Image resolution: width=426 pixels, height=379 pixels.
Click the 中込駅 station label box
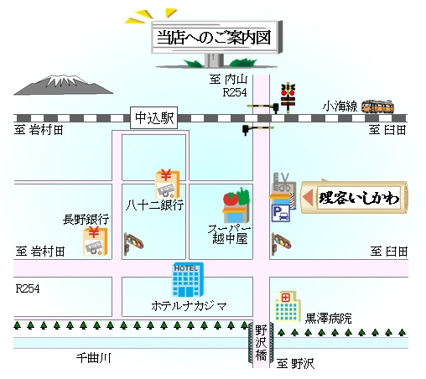(153, 117)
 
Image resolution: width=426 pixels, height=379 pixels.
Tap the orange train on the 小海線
(377, 106)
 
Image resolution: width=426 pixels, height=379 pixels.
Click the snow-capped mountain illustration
(64, 85)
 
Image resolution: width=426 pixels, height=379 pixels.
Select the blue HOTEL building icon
(188, 279)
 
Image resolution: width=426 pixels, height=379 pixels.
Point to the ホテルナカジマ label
(189, 306)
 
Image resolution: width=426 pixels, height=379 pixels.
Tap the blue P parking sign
(281, 213)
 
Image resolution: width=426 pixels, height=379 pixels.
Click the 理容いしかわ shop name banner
(355, 197)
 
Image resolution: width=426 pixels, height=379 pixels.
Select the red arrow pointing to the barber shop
(308, 197)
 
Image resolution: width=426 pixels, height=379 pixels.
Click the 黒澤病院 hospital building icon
(288, 307)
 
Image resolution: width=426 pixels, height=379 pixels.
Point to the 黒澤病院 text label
(328, 319)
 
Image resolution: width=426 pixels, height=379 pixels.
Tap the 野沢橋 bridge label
(261, 343)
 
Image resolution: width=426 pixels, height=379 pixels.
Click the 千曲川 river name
(94, 358)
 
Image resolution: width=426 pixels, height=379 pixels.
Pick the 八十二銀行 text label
(154, 205)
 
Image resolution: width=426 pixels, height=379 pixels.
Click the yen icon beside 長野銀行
(95, 241)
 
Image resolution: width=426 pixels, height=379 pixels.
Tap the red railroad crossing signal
(288, 97)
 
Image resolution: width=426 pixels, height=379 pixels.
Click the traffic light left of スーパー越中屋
(133, 243)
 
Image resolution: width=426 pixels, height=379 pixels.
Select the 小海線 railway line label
(340, 106)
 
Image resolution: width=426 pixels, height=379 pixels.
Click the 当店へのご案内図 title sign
(216, 38)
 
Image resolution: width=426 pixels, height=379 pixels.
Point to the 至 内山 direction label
(228, 80)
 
